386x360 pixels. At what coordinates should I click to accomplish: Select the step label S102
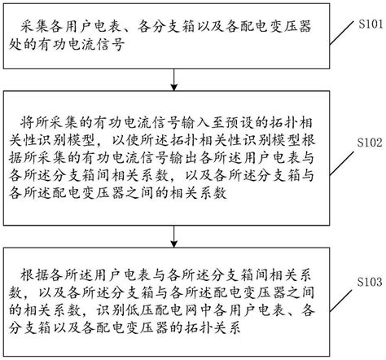364,141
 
